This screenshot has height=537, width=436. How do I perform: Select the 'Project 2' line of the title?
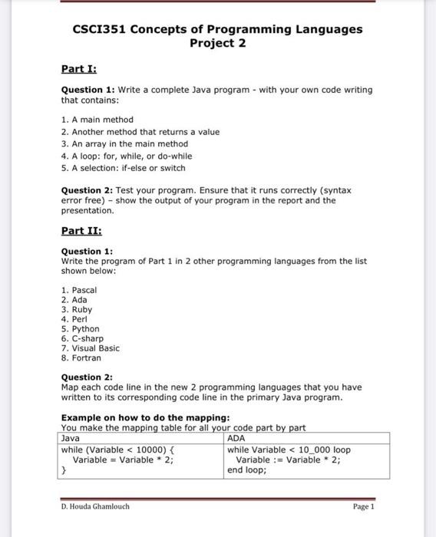218,43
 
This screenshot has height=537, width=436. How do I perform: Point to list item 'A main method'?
100,120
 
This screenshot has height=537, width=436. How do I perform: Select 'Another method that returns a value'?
144,132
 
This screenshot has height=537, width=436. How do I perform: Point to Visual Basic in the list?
94,348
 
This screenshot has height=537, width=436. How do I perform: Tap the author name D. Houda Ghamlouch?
95,507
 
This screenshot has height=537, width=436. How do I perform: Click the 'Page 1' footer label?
363,507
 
